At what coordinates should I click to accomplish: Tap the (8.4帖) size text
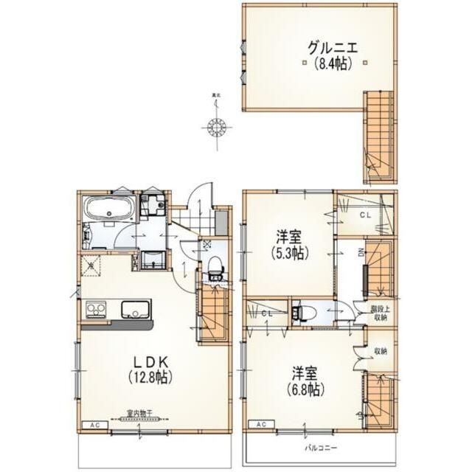(x=331, y=64)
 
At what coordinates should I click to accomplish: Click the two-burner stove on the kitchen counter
(x=95, y=308)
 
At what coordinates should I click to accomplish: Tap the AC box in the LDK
(x=94, y=426)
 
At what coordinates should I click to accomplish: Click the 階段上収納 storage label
(x=378, y=314)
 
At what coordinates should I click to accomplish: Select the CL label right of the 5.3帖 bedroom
(x=364, y=215)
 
